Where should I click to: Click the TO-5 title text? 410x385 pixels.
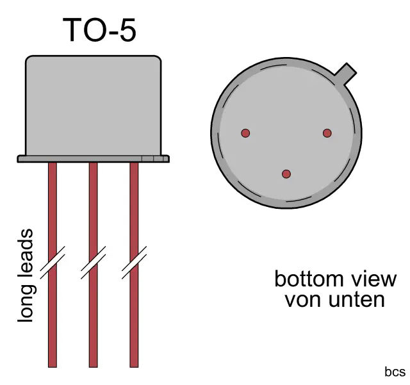(99, 30)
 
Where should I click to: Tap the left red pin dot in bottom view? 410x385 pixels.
(245, 133)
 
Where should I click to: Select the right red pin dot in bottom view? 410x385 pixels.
(327, 133)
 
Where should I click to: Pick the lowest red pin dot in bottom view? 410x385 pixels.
(286, 174)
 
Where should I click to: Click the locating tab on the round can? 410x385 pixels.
(347, 72)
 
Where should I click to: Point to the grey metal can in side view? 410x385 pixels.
(93, 106)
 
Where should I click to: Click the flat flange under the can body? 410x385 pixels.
(94, 158)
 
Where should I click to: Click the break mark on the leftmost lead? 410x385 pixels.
(52, 263)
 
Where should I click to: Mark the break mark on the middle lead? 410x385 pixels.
(93, 263)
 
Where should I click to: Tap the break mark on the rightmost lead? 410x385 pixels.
(134, 263)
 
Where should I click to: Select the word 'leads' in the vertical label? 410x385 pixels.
(26, 250)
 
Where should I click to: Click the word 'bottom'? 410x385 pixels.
(306, 280)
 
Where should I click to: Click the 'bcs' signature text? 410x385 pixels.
(395, 372)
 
